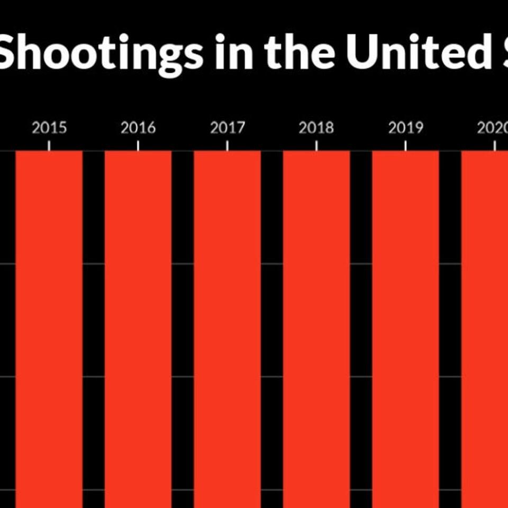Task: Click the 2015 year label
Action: [x=49, y=128]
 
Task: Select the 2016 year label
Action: [x=138, y=128]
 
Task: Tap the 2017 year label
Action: [x=228, y=128]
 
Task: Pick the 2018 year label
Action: [x=316, y=128]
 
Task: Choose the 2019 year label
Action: [x=406, y=128]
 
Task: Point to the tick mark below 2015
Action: [x=49, y=146]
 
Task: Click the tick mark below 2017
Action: [x=228, y=146]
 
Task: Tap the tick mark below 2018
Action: [x=316, y=146]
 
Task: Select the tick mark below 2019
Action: [x=406, y=146]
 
